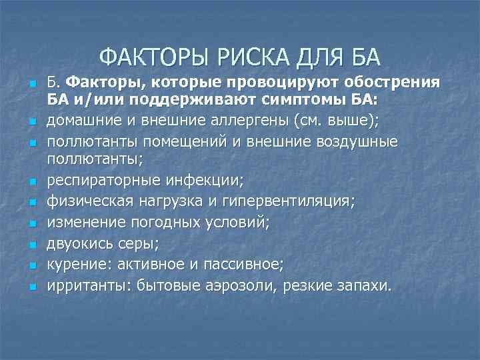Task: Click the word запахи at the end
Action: pos(367,286)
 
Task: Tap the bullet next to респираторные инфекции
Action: pos(31,181)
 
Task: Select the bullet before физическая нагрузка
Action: pos(31,201)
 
